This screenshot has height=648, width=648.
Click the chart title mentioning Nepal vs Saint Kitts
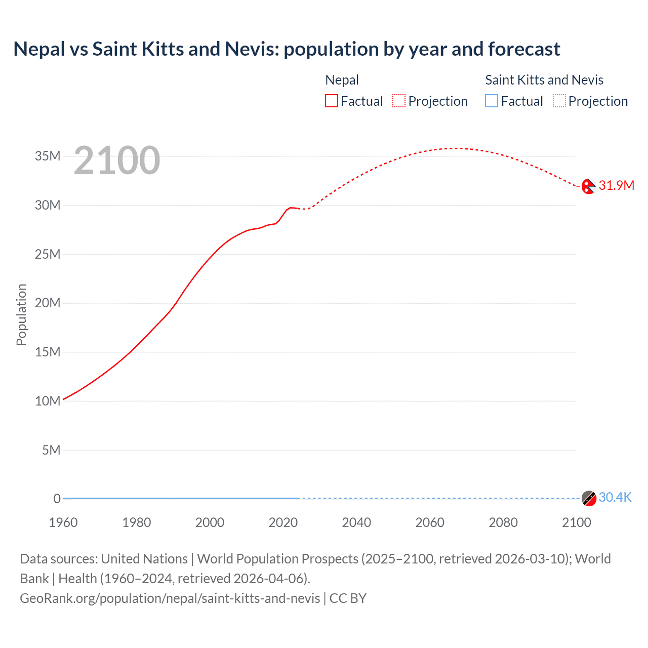point(287,49)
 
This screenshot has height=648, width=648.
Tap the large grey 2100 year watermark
point(117,160)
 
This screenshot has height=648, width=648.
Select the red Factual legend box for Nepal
point(331,101)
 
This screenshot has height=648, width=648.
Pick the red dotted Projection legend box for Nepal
point(399,101)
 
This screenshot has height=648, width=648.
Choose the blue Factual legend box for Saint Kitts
point(491,101)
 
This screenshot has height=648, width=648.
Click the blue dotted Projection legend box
point(559,101)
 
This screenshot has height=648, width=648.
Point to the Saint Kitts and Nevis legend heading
point(544,80)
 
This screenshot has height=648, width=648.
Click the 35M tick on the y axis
point(48,156)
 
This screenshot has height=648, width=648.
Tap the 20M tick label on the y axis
point(48,303)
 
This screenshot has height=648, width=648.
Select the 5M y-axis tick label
point(51,450)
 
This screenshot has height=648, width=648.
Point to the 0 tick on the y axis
point(57,499)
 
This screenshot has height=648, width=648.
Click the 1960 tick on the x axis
point(63,522)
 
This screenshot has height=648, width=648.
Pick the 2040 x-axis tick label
point(356,522)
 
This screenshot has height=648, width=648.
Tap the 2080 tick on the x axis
point(503,522)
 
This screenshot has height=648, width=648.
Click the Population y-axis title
point(21,314)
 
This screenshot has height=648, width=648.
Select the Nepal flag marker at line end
point(588,186)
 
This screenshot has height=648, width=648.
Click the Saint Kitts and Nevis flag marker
point(588,498)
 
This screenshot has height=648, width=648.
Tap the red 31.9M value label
point(616,185)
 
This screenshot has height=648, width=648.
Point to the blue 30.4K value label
point(615,497)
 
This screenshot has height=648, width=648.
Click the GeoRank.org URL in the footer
point(170,598)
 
